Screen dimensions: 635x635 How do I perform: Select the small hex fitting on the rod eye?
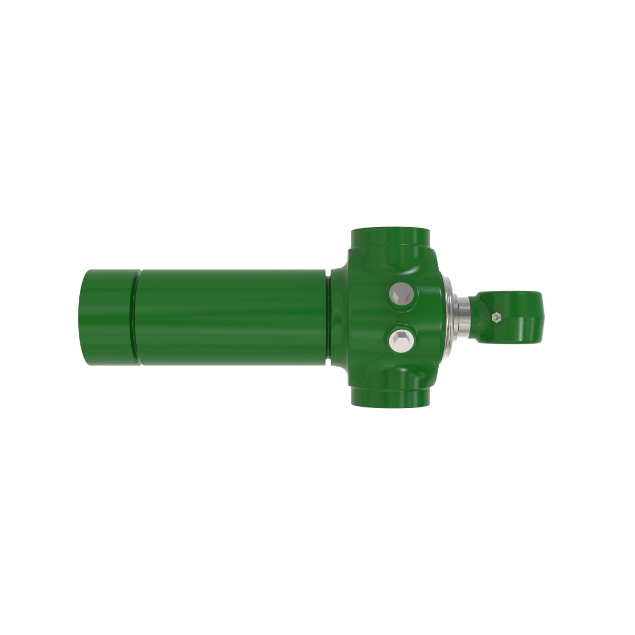495,317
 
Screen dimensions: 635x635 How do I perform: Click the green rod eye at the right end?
516,316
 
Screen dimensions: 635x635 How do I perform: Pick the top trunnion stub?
389,238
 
